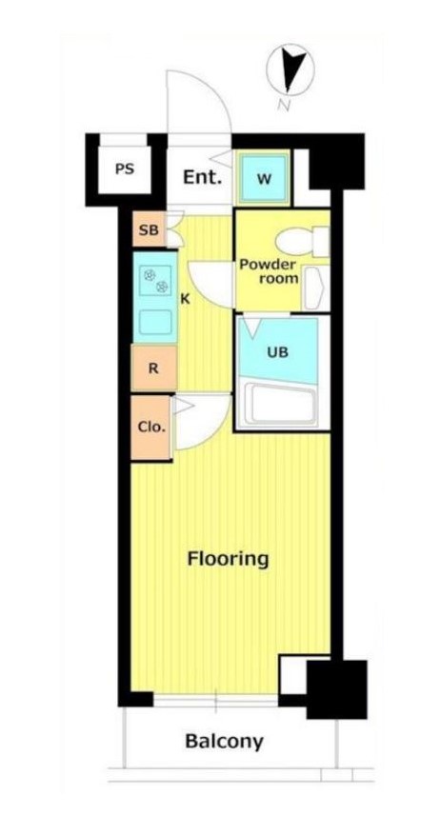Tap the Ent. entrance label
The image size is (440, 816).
tap(202, 177)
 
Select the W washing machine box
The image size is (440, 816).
tap(263, 177)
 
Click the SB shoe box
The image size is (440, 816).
tap(149, 230)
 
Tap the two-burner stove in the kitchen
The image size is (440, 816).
tap(156, 280)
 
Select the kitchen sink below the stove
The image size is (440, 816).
tap(156, 321)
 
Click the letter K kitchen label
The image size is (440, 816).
tap(185, 299)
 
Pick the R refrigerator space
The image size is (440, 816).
tap(152, 367)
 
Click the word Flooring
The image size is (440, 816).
tap(228, 558)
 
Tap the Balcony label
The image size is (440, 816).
tap(224, 741)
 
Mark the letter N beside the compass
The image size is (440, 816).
tap(283, 105)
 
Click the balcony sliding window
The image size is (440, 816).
tap(216, 704)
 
